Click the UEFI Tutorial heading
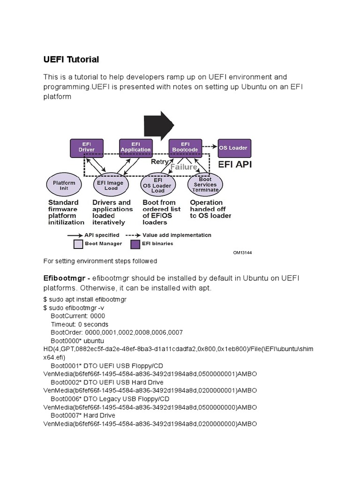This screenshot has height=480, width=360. tap(71, 60)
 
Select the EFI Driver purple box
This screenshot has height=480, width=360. tap(86, 147)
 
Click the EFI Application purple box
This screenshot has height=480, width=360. tap(135, 147)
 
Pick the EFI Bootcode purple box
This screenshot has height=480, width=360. tap(185, 147)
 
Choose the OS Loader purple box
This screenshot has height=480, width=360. tap(234, 148)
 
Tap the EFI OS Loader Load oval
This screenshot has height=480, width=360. tap(158, 185)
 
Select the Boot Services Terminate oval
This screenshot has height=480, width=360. tap(205, 184)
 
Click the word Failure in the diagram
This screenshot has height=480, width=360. tap(184, 167)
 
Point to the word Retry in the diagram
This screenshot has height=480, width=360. tap(159, 161)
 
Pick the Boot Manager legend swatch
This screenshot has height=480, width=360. tap(78, 244)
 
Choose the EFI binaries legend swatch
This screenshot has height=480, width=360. tap(135, 244)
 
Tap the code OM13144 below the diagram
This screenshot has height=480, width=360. tap(242, 252)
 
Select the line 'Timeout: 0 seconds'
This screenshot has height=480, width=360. tap(79, 324)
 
